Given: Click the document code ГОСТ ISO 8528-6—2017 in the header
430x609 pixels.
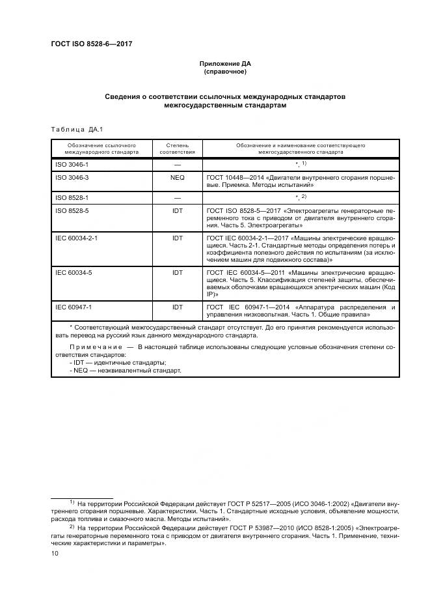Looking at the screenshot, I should pyautogui.click(x=96, y=44).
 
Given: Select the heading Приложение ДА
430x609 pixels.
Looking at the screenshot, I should pyautogui.click(x=224, y=63).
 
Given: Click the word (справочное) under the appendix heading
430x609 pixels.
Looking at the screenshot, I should pyautogui.click(x=224, y=71).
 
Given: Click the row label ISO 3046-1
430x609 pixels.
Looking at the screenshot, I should pyautogui.click(x=72, y=165).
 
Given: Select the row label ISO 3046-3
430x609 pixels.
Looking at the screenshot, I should pyautogui.click(x=72, y=178).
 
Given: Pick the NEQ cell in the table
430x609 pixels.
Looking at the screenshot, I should pyautogui.click(x=178, y=178).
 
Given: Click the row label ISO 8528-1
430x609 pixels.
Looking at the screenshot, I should pyautogui.click(x=72, y=197).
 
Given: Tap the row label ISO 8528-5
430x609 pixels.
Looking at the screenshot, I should pyautogui.click(x=72, y=210).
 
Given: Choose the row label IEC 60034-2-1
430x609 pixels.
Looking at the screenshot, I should pyautogui.click(x=77, y=238).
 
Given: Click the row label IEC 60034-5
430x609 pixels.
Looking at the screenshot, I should pyautogui.click(x=74, y=272).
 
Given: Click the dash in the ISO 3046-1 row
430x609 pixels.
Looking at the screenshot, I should pyautogui.click(x=178, y=165).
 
